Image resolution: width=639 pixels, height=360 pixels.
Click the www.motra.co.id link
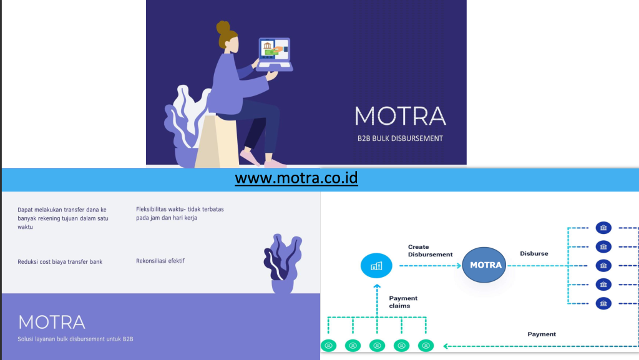(296, 178)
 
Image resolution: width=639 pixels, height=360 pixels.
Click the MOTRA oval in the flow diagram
(484, 265)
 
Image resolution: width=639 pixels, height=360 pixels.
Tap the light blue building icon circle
(376, 266)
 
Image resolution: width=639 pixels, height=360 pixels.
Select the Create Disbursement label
(430, 250)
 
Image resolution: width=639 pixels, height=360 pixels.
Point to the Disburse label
(534, 253)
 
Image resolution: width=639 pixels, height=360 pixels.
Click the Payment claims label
(403, 302)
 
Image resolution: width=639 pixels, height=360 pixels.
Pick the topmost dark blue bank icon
(603, 228)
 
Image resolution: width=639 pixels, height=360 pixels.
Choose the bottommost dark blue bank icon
(603, 303)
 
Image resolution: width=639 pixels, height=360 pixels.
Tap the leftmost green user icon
(328, 346)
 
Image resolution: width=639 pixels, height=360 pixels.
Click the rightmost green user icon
(426, 346)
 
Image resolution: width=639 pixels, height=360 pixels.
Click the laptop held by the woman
(275, 54)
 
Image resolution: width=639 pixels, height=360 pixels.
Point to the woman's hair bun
(223, 27)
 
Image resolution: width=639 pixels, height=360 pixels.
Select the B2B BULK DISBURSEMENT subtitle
(400, 139)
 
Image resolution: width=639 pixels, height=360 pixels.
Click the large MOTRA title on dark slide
(400, 115)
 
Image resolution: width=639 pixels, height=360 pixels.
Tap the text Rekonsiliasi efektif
(160, 261)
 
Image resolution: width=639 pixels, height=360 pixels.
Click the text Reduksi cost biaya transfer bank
(60, 262)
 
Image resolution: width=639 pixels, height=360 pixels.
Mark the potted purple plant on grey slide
(283, 263)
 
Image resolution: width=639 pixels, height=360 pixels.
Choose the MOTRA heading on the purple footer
(52, 322)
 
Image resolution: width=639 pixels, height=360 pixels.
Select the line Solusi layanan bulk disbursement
(76, 339)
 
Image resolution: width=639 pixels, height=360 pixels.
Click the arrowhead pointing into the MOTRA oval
(459, 266)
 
